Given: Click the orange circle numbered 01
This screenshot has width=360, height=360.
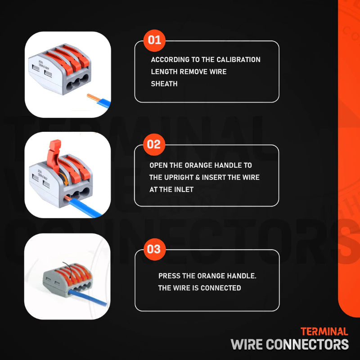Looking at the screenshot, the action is pyautogui.click(x=154, y=40).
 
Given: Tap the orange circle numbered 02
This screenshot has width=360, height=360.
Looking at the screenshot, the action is pyautogui.click(x=154, y=144).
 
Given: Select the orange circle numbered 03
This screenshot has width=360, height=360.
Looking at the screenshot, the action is pyautogui.click(x=154, y=249).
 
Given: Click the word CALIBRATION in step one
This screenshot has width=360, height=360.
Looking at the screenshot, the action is pyautogui.click(x=238, y=60).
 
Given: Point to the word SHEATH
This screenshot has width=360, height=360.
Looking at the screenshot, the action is pyautogui.click(x=164, y=84).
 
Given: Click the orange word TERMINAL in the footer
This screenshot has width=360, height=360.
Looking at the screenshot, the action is pyautogui.click(x=324, y=332).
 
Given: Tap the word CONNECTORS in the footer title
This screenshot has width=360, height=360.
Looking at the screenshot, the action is pyautogui.click(x=307, y=344).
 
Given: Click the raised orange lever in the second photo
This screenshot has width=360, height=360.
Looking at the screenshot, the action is pyautogui.click(x=53, y=154).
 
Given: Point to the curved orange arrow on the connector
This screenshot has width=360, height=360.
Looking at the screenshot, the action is pyautogui.click(x=64, y=178).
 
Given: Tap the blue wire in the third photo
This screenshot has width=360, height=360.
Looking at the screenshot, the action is pyautogui.click(x=87, y=297).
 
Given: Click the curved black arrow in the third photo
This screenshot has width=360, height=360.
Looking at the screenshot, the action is pyautogui.click(x=69, y=272).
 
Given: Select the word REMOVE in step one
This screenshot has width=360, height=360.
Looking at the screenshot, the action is pyautogui.click(x=193, y=72).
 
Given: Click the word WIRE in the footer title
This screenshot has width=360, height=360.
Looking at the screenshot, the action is pyautogui.click(x=247, y=344).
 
